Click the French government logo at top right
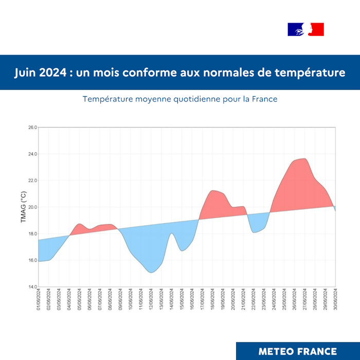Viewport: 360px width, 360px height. pyautogui.click(x=305, y=29)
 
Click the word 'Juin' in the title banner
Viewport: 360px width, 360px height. pyautogui.click(x=27, y=73)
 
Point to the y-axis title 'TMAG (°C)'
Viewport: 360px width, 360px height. pyautogui.click(x=23, y=207)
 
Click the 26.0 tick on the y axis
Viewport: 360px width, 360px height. pyautogui.click(x=32, y=128)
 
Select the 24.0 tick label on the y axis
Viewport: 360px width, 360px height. pyautogui.click(x=32, y=154)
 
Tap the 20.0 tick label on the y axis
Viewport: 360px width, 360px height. pyautogui.click(x=32, y=207)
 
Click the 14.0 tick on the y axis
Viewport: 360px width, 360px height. pyautogui.click(x=32, y=286)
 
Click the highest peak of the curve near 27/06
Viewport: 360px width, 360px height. pyautogui.click(x=304, y=158)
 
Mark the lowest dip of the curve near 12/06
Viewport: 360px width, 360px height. pyautogui.click(x=151, y=272)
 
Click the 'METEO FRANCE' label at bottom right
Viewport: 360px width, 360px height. pyautogui.click(x=298, y=351)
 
